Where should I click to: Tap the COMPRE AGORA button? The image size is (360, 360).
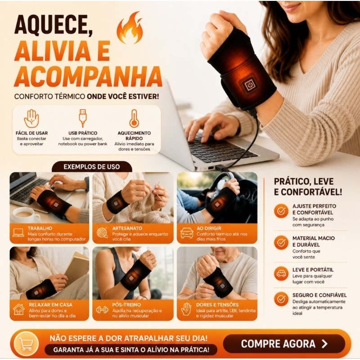pyautogui.click(x=284, y=344)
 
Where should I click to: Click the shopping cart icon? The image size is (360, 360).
pyautogui.click(x=26, y=344)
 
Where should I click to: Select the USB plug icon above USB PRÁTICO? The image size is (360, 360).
pyautogui.click(x=82, y=118)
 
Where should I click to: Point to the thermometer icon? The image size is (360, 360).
pyautogui.click(x=134, y=118)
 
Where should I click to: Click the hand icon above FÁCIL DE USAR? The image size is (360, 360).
pyautogui.click(x=31, y=118)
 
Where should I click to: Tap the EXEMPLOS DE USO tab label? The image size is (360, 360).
pyautogui.click(x=92, y=166)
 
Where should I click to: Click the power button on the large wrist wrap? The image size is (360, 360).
pyautogui.click(x=250, y=85)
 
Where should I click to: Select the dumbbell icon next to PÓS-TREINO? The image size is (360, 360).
pyautogui.click(x=102, y=310)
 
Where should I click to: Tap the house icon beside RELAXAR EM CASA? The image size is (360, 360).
pyautogui.click(x=19, y=310)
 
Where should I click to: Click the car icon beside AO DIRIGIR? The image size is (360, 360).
pyautogui.click(x=187, y=233)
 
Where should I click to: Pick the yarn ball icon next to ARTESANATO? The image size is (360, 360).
pyautogui.click(x=102, y=233)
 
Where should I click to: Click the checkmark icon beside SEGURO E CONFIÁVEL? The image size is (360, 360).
pyautogui.click(x=281, y=299)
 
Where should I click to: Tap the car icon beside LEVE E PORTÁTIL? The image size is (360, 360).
pyautogui.click(x=281, y=274)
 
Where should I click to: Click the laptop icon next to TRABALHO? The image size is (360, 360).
pyautogui.click(x=18, y=233)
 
